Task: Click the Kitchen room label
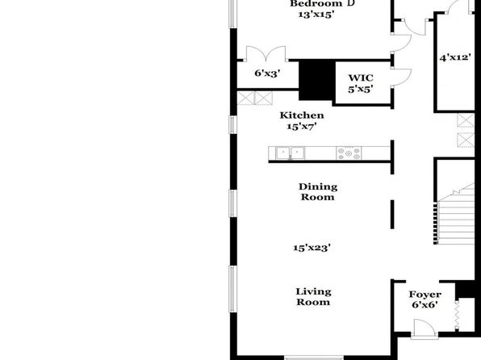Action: [302, 115]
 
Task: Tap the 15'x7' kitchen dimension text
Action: [302, 126]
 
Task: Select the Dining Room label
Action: [318, 192]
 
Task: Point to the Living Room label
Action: [313, 297]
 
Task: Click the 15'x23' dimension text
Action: [312, 248]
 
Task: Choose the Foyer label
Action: [425, 295]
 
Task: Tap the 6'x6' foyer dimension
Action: [425, 305]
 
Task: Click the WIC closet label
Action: [361, 78]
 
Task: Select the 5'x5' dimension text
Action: [361, 89]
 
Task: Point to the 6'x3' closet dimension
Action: [267, 73]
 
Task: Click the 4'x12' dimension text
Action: [455, 57]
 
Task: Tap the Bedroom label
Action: [316, 4]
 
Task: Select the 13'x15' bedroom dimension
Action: [316, 15]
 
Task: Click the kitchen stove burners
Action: [349, 153]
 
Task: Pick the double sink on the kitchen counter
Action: [290, 153]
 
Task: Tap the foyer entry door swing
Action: [425, 328]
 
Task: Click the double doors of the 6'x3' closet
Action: [266, 53]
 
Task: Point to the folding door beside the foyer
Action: [457, 315]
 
